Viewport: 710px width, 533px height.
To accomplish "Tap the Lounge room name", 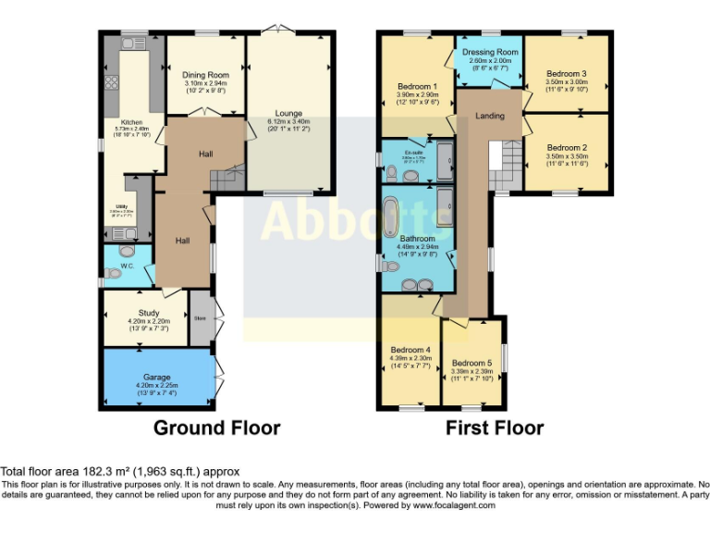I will pyautogui.click(x=288, y=113).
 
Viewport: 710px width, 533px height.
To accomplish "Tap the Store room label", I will pyautogui.click(x=200, y=318).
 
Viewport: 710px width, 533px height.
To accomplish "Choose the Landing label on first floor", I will pyautogui.click(x=490, y=116).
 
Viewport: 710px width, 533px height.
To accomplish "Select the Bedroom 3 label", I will pyautogui.click(x=567, y=73).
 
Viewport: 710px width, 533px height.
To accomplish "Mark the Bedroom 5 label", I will pyautogui.click(x=471, y=363).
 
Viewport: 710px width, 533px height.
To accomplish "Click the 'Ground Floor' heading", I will pyautogui.click(x=216, y=428).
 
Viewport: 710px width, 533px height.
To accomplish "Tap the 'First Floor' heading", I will pyautogui.click(x=495, y=428).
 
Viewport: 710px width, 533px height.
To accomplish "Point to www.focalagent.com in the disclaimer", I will pyautogui.click(x=454, y=506).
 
